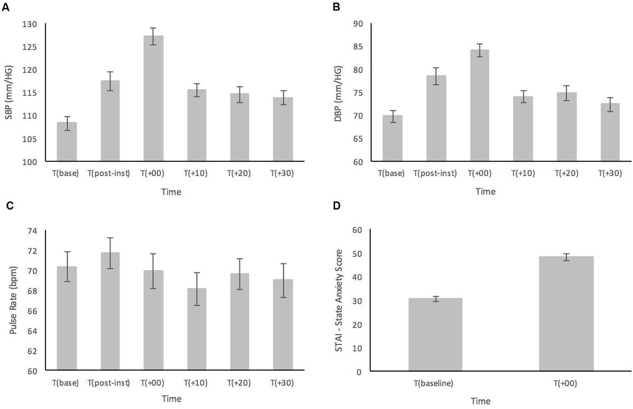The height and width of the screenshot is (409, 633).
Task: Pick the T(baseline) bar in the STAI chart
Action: click(x=435, y=335)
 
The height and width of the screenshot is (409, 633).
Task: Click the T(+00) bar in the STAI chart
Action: click(x=566, y=314)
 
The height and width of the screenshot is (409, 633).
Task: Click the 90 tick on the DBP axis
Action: click(x=358, y=24)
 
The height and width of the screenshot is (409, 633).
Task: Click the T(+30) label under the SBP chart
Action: click(x=283, y=173)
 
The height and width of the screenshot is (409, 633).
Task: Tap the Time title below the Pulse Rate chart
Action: click(x=172, y=400)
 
